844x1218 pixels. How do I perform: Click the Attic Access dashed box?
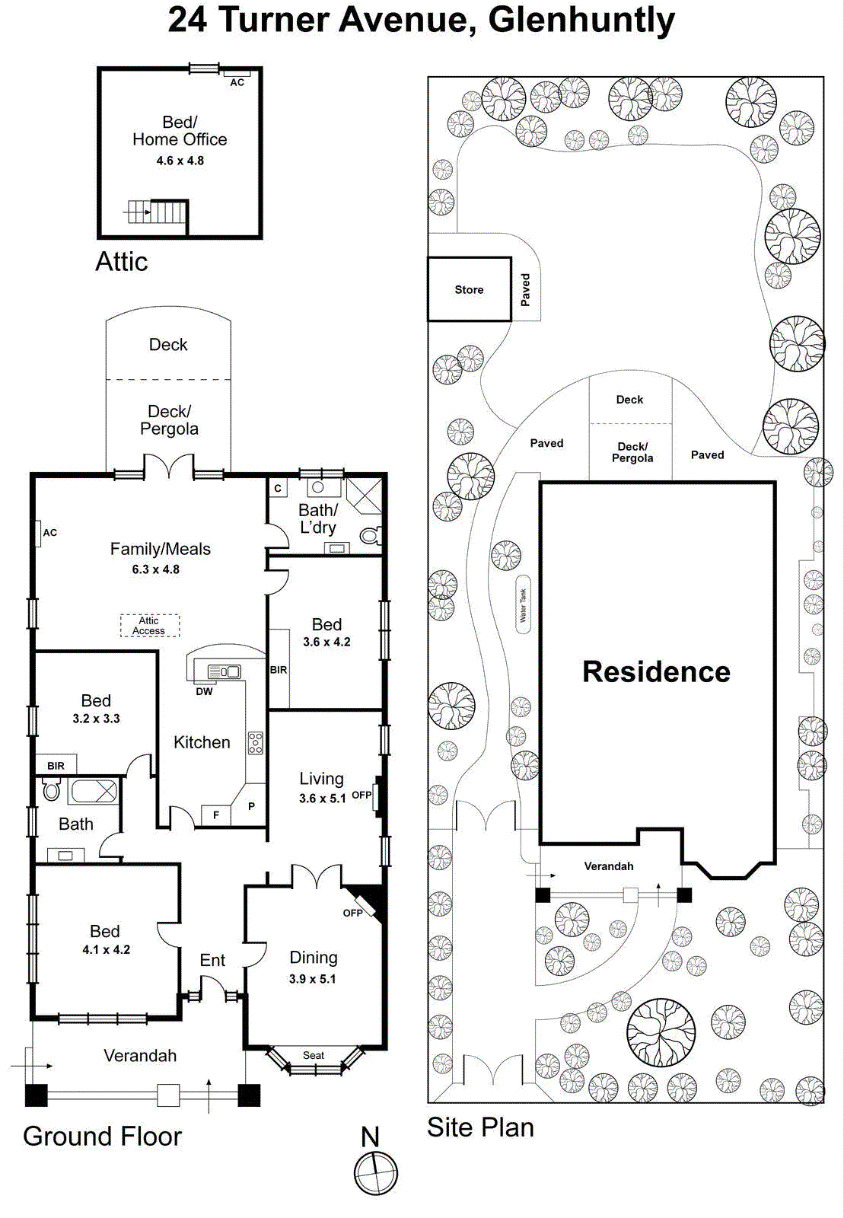(x=150, y=626)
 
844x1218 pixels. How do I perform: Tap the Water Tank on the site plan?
(x=523, y=606)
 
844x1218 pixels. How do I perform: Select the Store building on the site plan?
(x=469, y=289)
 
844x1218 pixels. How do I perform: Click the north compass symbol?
(x=376, y=1173)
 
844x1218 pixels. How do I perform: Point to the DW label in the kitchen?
(x=204, y=692)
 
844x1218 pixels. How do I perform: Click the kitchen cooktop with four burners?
(x=256, y=743)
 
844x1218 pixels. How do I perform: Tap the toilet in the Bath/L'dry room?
(x=370, y=536)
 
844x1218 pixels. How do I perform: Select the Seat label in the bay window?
(x=314, y=1055)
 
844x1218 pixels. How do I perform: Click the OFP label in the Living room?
(x=361, y=796)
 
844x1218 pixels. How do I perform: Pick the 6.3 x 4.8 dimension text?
(x=156, y=569)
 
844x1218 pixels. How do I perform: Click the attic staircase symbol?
(x=157, y=211)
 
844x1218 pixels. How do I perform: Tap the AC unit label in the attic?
(x=237, y=82)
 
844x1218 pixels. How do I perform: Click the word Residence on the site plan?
(x=656, y=672)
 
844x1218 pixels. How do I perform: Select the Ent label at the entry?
(x=212, y=961)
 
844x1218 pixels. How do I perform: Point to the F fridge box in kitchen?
(x=216, y=815)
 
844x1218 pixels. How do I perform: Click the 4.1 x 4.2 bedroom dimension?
(x=106, y=950)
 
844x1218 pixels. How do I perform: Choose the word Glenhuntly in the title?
(x=581, y=21)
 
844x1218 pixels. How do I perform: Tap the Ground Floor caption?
(x=103, y=1137)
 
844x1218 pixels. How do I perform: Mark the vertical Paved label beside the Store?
(x=525, y=290)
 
